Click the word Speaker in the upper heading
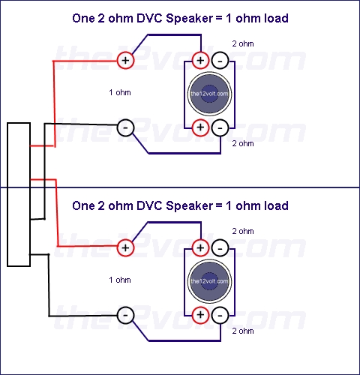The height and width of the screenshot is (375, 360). (189, 19)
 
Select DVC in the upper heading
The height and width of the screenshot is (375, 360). (149, 18)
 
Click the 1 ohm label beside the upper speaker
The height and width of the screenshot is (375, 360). (120, 92)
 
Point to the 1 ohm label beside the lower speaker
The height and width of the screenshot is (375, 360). (120, 280)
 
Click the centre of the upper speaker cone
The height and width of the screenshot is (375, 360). (209, 94)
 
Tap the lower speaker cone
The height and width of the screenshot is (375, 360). (209, 281)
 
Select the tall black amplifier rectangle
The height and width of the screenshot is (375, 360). (19, 194)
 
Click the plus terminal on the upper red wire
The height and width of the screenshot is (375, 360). (125, 60)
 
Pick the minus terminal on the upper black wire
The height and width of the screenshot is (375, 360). (125, 127)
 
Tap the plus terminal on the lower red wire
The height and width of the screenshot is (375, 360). (125, 247)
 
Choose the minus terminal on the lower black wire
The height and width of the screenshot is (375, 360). (125, 315)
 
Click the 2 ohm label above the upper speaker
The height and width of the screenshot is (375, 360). (243, 43)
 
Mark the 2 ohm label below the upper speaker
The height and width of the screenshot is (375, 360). (243, 143)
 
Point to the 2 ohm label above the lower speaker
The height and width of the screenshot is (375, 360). (243, 231)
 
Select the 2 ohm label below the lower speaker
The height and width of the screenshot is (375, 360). (243, 331)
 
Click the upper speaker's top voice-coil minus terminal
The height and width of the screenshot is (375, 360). (220, 60)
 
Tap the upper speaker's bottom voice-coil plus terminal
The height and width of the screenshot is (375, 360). (200, 127)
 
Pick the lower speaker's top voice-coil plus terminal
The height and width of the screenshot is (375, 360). (200, 247)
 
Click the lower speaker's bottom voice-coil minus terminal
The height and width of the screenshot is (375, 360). (220, 315)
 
